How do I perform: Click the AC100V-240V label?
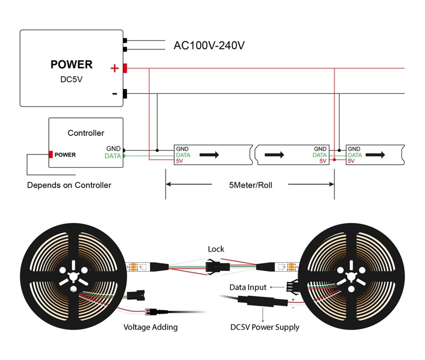click(209, 45)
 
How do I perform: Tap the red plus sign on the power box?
click(114, 68)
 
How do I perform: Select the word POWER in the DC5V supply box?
click(71, 65)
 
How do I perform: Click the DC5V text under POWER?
click(71, 79)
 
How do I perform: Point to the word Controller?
click(86, 133)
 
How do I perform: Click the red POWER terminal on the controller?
click(51, 155)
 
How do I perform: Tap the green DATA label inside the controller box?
click(113, 156)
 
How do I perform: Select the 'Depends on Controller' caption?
click(69, 185)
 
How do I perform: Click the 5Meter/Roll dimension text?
click(251, 185)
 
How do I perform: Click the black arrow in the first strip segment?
click(209, 155)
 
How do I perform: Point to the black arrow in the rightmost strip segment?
click(375, 155)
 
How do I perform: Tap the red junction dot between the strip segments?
click(334, 160)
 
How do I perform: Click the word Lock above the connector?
click(216, 249)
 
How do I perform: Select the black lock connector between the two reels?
click(217, 266)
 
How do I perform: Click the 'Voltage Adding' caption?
click(151, 327)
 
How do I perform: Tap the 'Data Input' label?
click(248, 287)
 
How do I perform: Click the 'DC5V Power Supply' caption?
click(265, 327)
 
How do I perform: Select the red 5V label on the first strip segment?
click(180, 161)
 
